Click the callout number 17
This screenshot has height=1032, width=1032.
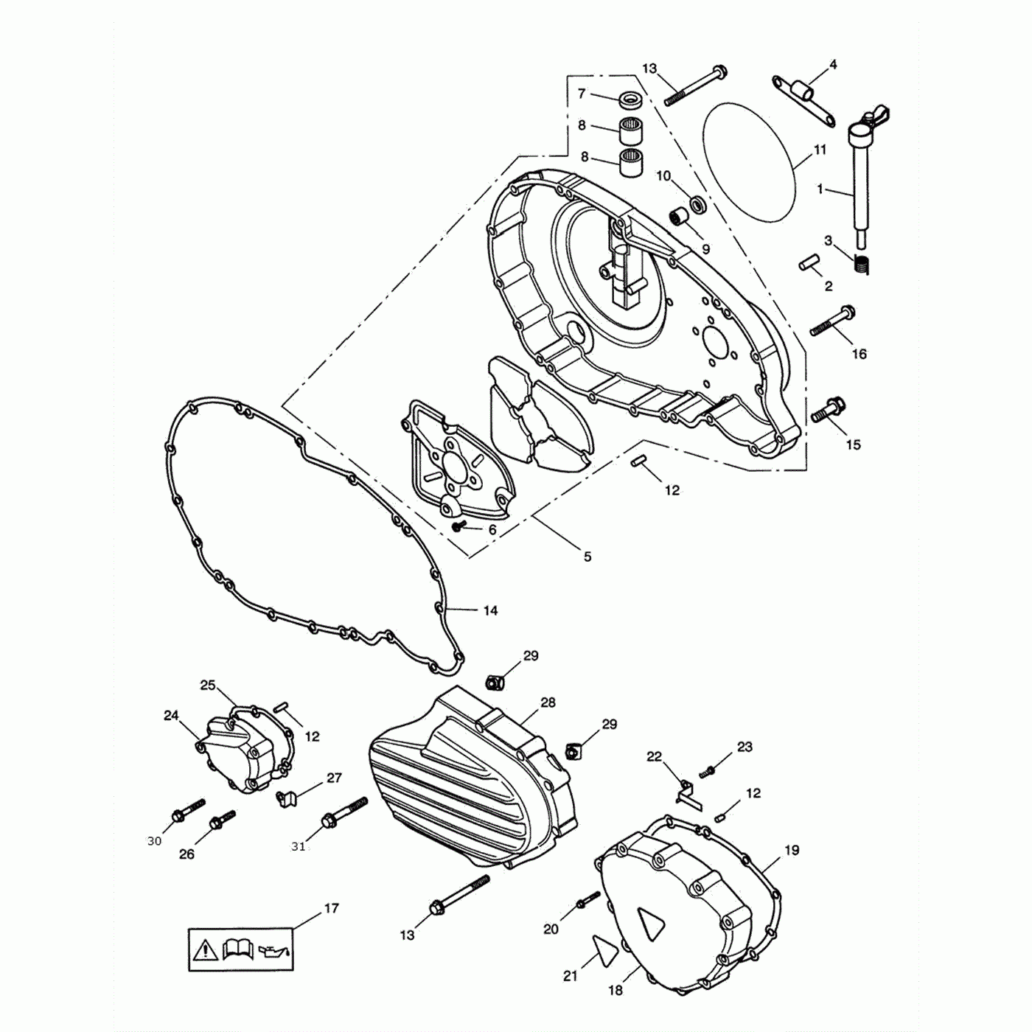coord(332,908)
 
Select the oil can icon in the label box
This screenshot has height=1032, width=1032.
coord(274,950)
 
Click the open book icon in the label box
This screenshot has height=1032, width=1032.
coord(237,949)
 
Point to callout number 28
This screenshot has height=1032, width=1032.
coord(548,702)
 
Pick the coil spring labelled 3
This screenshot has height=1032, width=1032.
coord(862,263)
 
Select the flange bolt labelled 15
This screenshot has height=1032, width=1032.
coord(829,410)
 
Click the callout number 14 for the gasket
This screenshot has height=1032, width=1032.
coord(490,610)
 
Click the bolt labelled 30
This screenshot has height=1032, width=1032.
coord(187,809)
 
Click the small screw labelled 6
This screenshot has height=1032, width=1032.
coord(460,526)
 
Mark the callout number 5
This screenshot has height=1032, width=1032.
coord(588,557)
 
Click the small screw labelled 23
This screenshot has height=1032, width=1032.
coord(708,772)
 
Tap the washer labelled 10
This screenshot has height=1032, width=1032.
coord(697,203)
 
